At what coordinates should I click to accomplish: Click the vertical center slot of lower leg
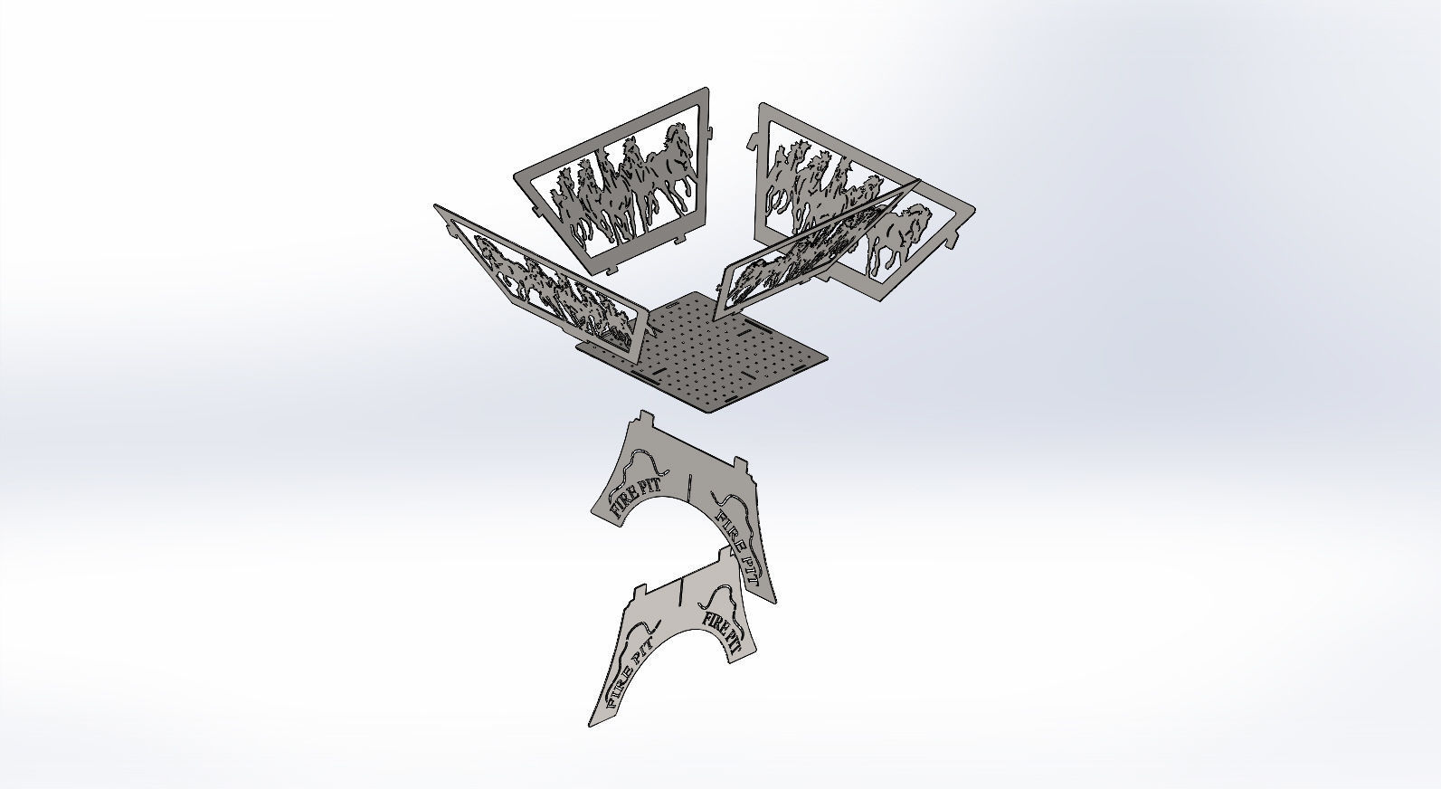click(x=678, y=594)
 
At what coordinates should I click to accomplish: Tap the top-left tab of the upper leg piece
click(x=644, y=418)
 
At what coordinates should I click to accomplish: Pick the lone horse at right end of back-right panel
click(x=896, y=237)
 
